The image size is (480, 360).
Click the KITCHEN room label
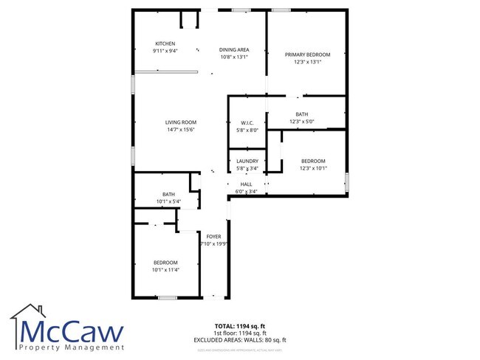165,43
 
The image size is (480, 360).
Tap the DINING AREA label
233,49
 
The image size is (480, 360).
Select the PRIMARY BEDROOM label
307,55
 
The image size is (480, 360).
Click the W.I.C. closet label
247,122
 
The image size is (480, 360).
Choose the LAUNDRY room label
247,161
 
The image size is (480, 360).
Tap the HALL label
246,184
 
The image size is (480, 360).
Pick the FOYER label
213,237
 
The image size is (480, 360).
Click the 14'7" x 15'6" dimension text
180,130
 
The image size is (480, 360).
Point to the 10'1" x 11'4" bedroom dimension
165,270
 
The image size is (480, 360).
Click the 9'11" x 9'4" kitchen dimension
165,50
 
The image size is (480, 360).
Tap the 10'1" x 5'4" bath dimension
168,201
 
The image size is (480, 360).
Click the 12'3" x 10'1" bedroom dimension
312,168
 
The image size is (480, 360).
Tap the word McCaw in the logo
72,330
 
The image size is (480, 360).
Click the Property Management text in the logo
72,347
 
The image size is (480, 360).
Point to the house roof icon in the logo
28,314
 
